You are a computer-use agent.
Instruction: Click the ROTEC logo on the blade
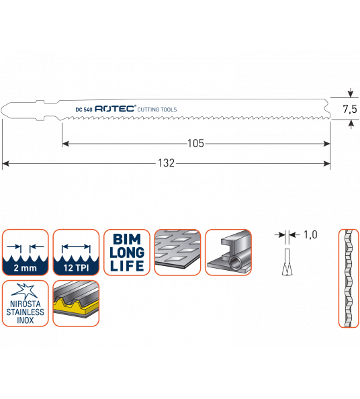pos(116,109)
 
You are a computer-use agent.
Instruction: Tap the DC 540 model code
pos(84,109)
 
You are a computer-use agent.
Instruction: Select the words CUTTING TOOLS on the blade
pos(157,109)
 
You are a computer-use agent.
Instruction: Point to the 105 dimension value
pos(195,144)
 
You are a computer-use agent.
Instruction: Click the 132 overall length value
pos(167,163)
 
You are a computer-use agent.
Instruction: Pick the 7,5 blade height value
pos(350,109)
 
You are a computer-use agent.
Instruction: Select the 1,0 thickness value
pos(310,234)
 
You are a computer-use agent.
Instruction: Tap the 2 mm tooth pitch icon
pos(26,253)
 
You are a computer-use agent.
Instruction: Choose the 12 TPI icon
pos(76,253)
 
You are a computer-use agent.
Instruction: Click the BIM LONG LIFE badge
pos(127,253)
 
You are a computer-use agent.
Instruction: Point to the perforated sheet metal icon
pos(177,253)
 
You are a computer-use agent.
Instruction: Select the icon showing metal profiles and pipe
pos(228,253)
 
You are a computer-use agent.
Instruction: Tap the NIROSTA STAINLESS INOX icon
pos(26,304)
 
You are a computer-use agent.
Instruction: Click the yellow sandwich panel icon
pos(76,304)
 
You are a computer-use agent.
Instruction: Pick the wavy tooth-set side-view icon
pos(349,278)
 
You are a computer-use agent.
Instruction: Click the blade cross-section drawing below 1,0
pos(287,262)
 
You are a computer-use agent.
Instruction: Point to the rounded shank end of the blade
pos(5,110)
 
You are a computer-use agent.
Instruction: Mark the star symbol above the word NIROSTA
pos(24,292)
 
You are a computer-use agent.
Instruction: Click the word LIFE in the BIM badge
pos(127,266)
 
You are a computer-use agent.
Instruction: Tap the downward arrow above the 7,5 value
pos(351,93)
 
